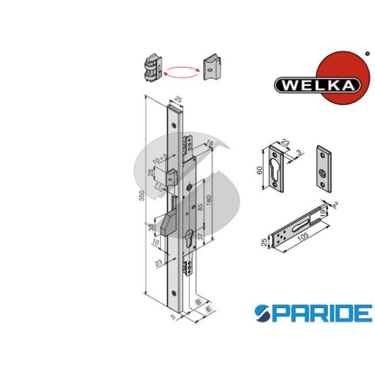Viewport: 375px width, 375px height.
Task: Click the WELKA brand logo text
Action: tap(318, 85)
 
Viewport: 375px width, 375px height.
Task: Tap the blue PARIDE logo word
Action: tap(313, 313)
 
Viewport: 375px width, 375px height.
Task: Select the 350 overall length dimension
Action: tap(142, 196)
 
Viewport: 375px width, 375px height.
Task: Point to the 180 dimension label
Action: tap(209, 201)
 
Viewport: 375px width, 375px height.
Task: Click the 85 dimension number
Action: tap(201, 207)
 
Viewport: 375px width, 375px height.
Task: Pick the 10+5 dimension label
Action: tap(161, 159)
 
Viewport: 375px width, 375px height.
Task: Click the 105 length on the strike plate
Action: tap(303, 236)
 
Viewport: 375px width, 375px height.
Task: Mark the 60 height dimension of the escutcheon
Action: tap(260, 170)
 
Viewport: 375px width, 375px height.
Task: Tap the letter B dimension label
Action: tap(198, 302)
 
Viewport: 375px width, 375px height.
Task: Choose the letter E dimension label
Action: tap(209, 309)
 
